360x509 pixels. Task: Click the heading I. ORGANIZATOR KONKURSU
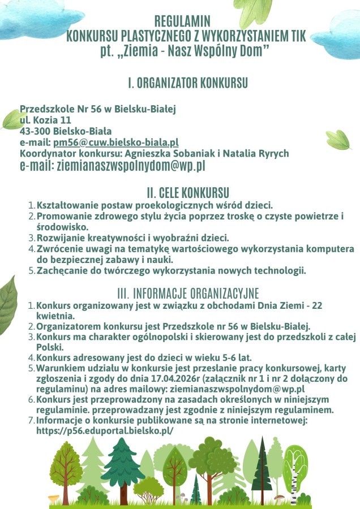[x=187, y=84]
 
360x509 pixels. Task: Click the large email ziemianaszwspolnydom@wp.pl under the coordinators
[x=112, y=166]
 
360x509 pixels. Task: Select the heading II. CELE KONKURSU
[x=187, y=193]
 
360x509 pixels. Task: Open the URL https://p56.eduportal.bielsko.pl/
[x=105, y=430]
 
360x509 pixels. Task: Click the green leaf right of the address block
[x=338, y=139]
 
